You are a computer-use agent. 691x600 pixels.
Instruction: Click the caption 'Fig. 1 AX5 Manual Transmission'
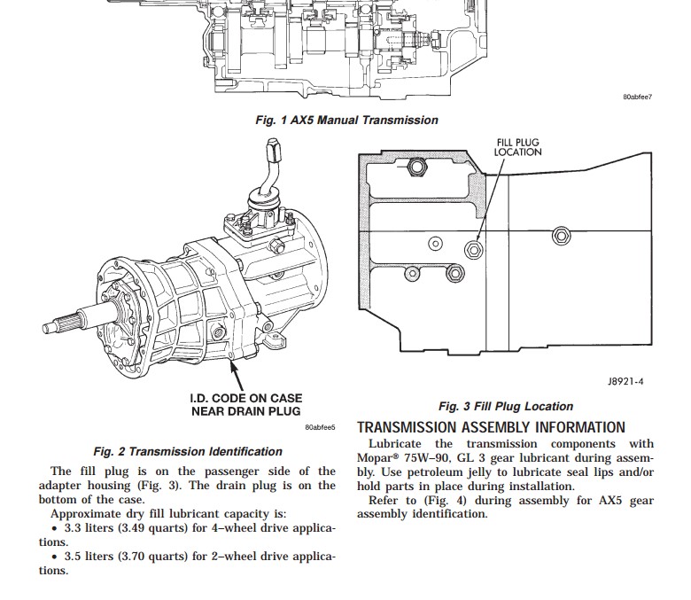[x=346, y=120]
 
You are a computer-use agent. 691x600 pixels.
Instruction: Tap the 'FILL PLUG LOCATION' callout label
[x=518, y=146]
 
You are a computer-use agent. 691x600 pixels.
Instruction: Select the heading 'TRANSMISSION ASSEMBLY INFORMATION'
[x=491, y=427]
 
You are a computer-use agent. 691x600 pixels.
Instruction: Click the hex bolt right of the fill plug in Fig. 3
[x=560, y=236]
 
